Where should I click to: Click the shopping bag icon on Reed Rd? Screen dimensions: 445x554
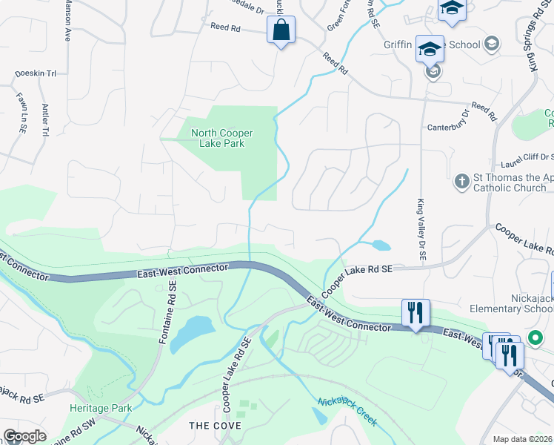click(x=281, y=30)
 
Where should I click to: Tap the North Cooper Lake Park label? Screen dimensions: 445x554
click(x=222, y=138)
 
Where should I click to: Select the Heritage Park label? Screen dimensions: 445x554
click(x=101, y=409)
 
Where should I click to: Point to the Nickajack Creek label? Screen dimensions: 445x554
click(x=347, y=412)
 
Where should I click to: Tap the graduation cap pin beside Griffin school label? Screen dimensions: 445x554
click(x=430, y=49)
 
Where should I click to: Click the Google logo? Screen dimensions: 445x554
click(x=24, y=436)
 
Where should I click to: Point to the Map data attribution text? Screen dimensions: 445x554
click(x=523, y=439)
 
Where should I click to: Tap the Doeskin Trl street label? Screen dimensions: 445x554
click(x=36, y=74)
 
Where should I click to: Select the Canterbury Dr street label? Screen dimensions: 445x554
click(x=448, y=126)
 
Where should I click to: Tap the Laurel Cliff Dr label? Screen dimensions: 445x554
click(x=527, y=156)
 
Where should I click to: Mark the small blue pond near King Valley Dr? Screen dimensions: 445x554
click(x=381, y=245)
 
